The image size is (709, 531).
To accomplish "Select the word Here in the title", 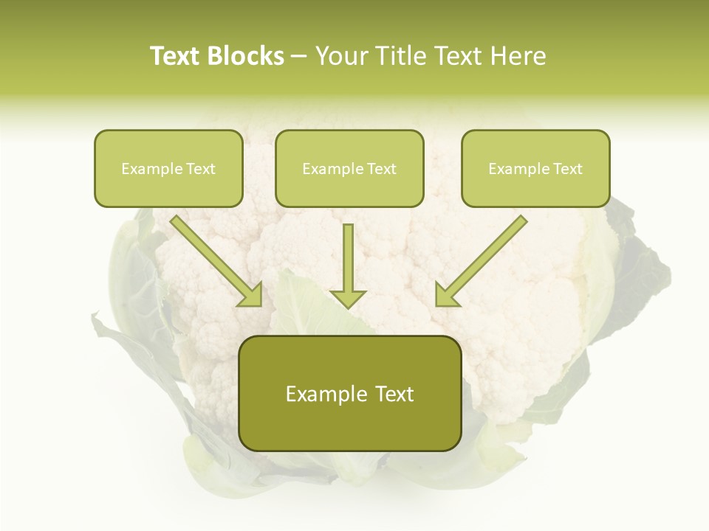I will click(519, 56).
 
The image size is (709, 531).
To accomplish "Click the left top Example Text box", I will click(168, 168).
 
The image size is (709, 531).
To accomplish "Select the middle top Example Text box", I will click(349, 168).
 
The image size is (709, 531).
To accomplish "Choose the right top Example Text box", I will click(535, 168).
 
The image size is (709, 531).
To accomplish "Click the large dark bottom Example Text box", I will click(349, 393).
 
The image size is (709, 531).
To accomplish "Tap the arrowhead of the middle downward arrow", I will click(349, 298).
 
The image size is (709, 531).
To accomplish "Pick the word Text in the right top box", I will click(567, 169).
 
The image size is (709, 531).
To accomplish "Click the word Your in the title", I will click(342, 56).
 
